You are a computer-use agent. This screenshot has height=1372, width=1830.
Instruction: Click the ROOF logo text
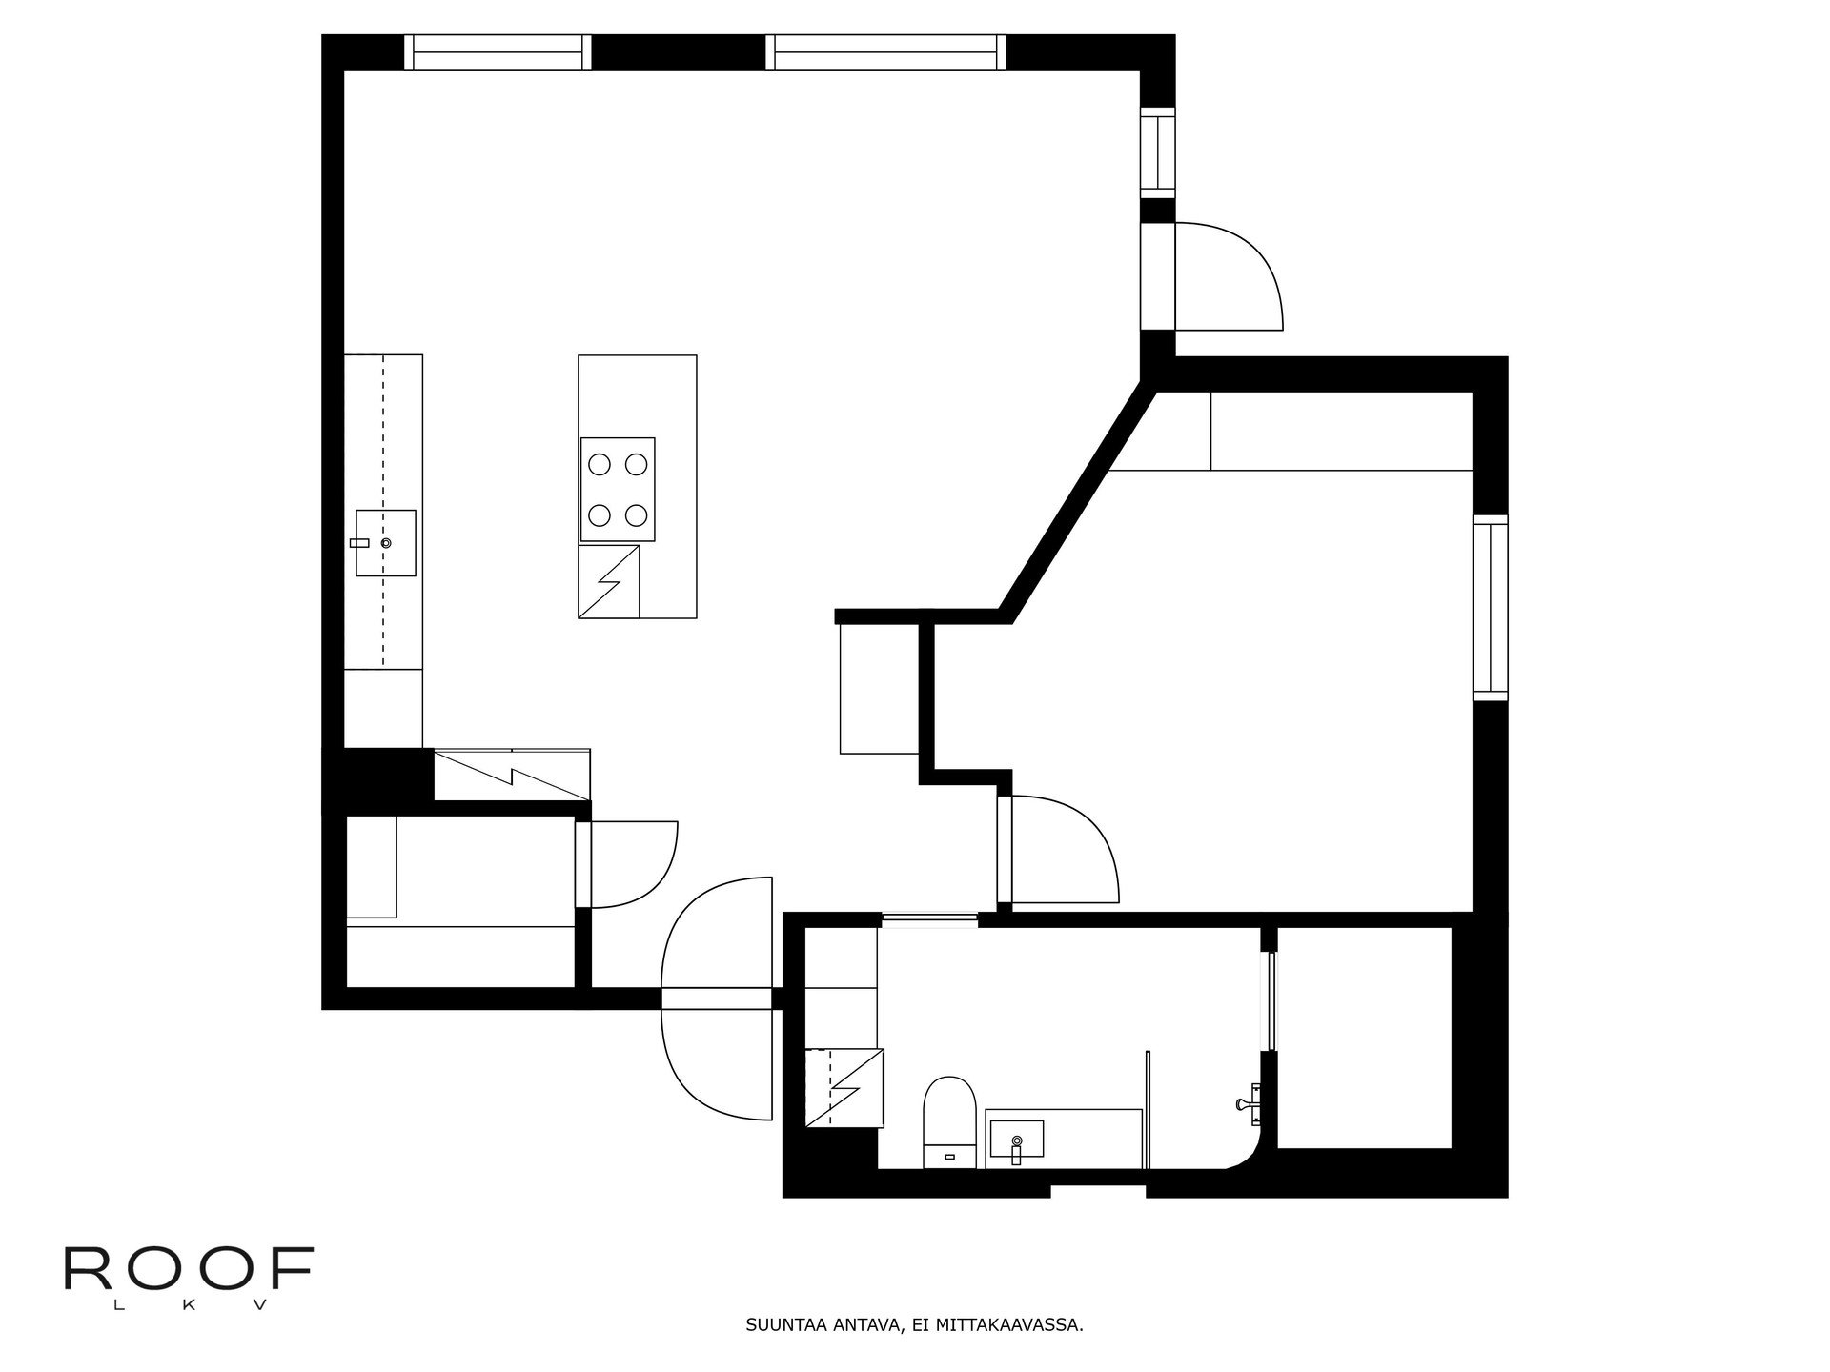(x=188, y=1268)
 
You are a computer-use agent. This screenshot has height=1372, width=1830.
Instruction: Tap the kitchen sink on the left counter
(x=386, y=543)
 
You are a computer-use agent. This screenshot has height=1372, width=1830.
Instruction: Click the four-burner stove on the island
(x=617, y=490)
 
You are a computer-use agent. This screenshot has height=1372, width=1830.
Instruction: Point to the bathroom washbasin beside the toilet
(x=1016, y=1139)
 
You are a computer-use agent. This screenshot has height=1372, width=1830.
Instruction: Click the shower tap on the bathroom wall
(x=1248, y=1103)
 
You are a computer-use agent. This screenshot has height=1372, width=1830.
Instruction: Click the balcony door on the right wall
(x=1230, y=276)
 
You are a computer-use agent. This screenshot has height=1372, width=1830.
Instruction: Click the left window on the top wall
(x=497, y=52)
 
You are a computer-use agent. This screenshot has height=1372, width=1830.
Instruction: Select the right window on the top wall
(x=886, y=52)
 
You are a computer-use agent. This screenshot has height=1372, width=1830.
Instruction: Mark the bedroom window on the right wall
(x=1491, y=607)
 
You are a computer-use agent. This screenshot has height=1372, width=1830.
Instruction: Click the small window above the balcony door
(x=1159, y=152)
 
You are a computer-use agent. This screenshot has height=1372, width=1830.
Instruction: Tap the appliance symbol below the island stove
(x=608, y=581)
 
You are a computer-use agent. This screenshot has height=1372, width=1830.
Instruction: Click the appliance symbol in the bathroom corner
(x=844, y=1087)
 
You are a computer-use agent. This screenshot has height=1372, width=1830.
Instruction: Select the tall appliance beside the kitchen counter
(x=512, y=775)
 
